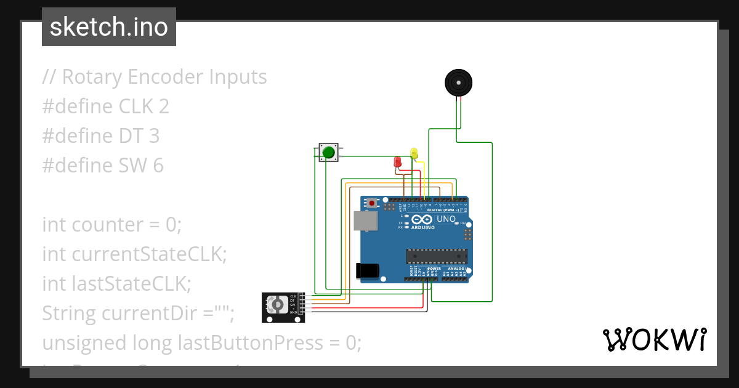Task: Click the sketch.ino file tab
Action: tap(108, 27)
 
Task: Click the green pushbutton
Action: tap(328, 152)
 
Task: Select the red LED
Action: tap(397, 162)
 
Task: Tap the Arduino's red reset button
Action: tap(372, 202)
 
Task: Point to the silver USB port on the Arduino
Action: tap(364, 222)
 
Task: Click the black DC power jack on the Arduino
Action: tap(368, 271)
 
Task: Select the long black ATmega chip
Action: tap(435, 256)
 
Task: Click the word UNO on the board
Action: tap(446, 219)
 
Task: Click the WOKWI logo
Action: tap(653, 339)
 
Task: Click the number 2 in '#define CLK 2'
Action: tap(163, 107)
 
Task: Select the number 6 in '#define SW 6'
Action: tap(158, 166)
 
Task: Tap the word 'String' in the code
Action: tap(69, 313)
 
